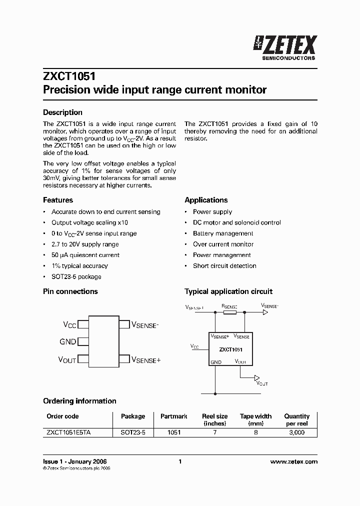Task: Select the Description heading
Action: pyautogui.click(x=62, y=112)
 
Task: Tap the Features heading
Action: pyautogui.click(x=58, y=200)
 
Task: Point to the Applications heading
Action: pyautogui.click(x=206, y=200)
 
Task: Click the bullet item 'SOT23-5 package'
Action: pyautogui.click(x=76, y=277)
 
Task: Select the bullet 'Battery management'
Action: pyautogui.click(x=223, y=233)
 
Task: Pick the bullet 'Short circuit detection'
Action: pyautogui.click(x=224, y=266)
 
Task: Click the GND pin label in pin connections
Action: pyautogui.click(x=67, y=342)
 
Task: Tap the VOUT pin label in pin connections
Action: pyautogui.click(x=67, y=360)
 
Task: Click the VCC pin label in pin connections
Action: pyautogui.click(x=69, y=325)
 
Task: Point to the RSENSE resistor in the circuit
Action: pyautogui.click(x=229, y=312)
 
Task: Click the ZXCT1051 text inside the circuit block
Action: pyautogui.click(x=231, y=350)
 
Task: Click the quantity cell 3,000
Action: pyautogui.click(x=296, y=432)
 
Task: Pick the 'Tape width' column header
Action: pyautogui.click(x=255, y=416)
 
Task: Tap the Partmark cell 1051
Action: pyautogui.click(x=174, y=432)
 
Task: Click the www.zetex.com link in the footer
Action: pyautogui.click(x=293, y=461)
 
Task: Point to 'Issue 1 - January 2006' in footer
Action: pyautogui.click(x=74, y=461)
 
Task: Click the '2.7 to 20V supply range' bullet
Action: pyautogui.click(x=85, y=244)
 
